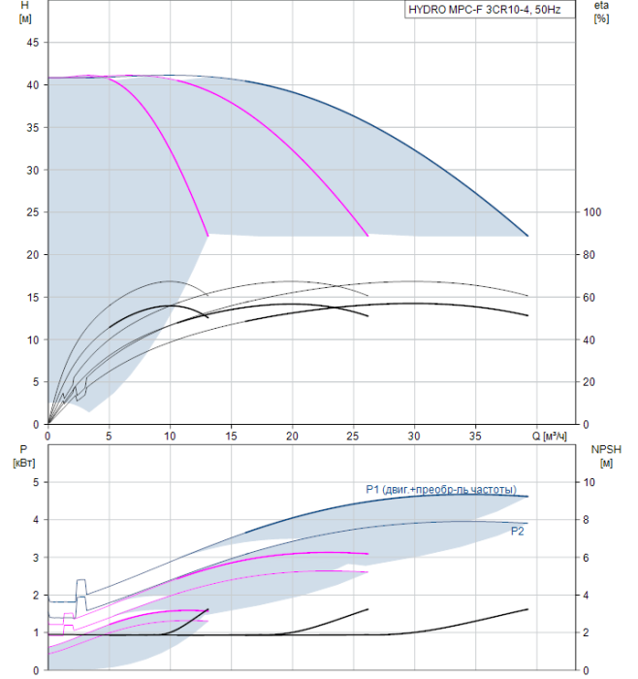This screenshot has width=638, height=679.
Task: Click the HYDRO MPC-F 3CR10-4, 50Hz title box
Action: [490, 10]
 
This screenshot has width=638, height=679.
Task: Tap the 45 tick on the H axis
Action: [32, 43]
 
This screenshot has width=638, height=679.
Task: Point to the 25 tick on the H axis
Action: [32, 212]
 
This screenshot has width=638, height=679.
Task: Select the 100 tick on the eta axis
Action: [592, 212]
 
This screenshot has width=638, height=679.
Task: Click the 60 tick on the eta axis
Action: [590, 298]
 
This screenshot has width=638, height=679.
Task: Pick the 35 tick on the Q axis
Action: [475, 436]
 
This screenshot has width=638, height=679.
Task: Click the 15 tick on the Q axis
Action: [231, 436]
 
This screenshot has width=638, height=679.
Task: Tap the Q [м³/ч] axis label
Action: [549, 436]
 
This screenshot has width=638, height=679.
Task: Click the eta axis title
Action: [601, 12]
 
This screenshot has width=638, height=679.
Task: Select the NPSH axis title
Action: [606, 456]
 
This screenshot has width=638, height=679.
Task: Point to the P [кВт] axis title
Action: [24, 456]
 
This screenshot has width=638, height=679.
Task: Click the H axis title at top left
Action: [25, 12]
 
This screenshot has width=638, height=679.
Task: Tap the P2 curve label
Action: [517, 532]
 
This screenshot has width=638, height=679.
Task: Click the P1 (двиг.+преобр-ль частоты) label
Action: [441, 489]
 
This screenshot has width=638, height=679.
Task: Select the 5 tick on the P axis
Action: [36, 482]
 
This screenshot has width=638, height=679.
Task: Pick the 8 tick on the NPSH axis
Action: [586, 520]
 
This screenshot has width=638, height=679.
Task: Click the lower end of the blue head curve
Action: [527, 236]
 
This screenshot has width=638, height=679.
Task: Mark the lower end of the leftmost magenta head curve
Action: [208, 236]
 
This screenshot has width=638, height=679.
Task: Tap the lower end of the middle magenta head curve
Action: [367, 236]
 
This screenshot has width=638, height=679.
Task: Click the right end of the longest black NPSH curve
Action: [527, 609]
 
